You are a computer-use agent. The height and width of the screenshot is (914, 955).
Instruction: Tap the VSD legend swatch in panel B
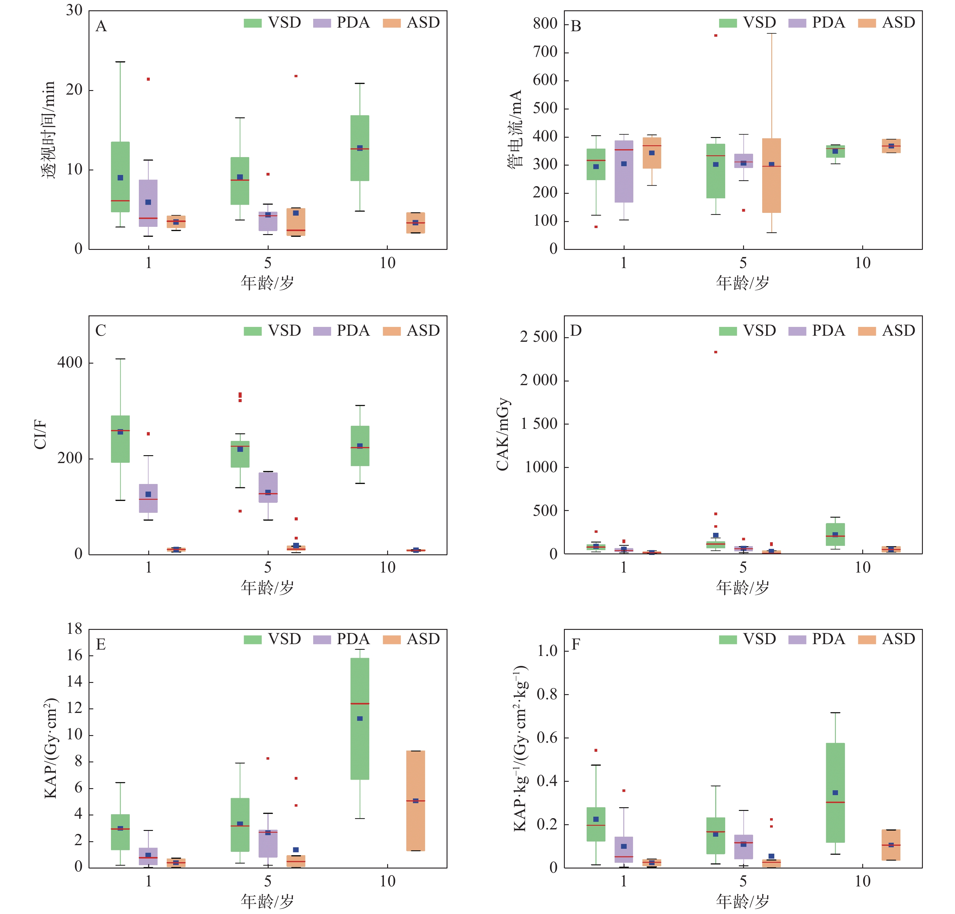(x=728, y=23)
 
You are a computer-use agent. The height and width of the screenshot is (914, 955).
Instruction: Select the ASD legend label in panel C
(x=423, y=331)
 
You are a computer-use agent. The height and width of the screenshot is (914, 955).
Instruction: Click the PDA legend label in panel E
(x=353, y=639)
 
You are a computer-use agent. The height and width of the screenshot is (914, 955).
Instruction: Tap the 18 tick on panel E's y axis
(x=75, y=629)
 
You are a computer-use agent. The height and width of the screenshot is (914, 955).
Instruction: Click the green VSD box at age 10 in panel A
(x=360, y=148)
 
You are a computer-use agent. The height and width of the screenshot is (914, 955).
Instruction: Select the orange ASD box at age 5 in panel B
(x=771, y=175)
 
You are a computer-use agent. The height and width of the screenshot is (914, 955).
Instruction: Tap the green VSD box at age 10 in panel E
(x=360, y=719)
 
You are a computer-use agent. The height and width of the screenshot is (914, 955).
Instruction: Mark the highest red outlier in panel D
(x=715, y=352)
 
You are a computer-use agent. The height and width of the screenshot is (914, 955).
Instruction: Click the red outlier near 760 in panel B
(x=715, y=35)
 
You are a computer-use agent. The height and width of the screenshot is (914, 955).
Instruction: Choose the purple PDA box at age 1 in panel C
(x=148, y=498)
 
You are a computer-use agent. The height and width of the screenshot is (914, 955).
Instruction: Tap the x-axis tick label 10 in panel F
(x=863, y=881)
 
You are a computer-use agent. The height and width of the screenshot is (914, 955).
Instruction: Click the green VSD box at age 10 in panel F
(x=835, y=793)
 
